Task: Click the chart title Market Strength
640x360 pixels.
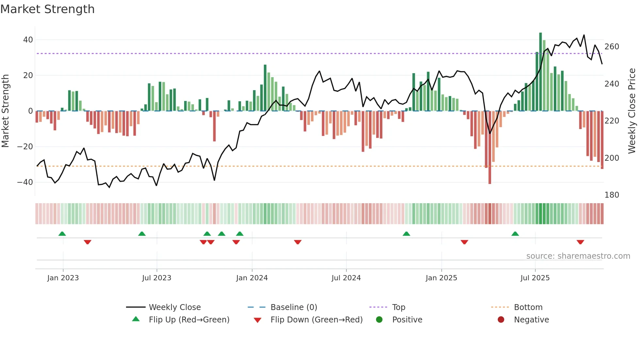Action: tap(47, 9)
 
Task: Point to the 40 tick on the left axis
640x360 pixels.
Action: tap(28, 40)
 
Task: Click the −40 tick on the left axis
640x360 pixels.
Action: tap(25, 182)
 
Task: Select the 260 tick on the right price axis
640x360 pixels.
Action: tap(612, 47)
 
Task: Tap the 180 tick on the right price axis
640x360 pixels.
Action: tap(612, 195)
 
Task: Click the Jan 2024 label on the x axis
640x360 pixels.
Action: tap(252, 278)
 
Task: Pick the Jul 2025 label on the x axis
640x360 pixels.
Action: tap(535, 278)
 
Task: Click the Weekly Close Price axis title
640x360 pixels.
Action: tap(632, 111)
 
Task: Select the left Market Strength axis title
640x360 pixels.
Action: tap(6, 111)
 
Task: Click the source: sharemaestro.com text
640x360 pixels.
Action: tap(578, 256)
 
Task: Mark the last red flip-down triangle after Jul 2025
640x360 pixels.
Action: tap(580, 242)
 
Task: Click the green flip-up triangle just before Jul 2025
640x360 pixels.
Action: tap(515, 234)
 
